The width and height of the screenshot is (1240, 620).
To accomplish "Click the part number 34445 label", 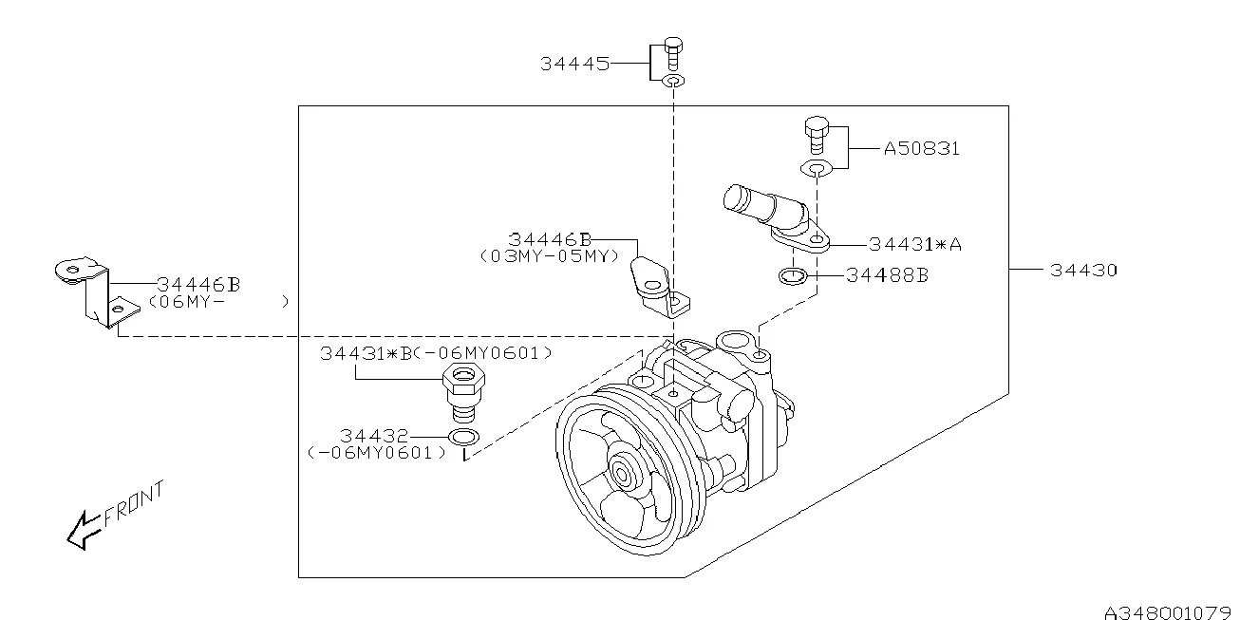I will pos(574,64).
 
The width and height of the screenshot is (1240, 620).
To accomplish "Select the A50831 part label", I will pos(921,149).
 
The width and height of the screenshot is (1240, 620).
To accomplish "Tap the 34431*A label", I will pos(915,244).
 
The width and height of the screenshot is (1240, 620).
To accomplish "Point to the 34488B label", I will pos(887,275).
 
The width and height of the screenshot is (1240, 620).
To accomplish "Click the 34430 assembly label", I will pos(1083,270).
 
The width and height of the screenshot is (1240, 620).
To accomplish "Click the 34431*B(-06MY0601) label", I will pos(436,352).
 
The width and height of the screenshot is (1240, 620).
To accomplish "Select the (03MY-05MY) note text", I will pos(549,255).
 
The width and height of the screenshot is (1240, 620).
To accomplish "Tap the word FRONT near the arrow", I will pos(134,503).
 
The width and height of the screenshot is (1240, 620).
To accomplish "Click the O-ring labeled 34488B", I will pos(792,277).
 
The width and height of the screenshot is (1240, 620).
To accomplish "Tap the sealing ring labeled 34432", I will pos(463,437).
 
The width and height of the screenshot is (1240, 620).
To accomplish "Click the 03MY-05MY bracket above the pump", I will pos(657,286).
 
